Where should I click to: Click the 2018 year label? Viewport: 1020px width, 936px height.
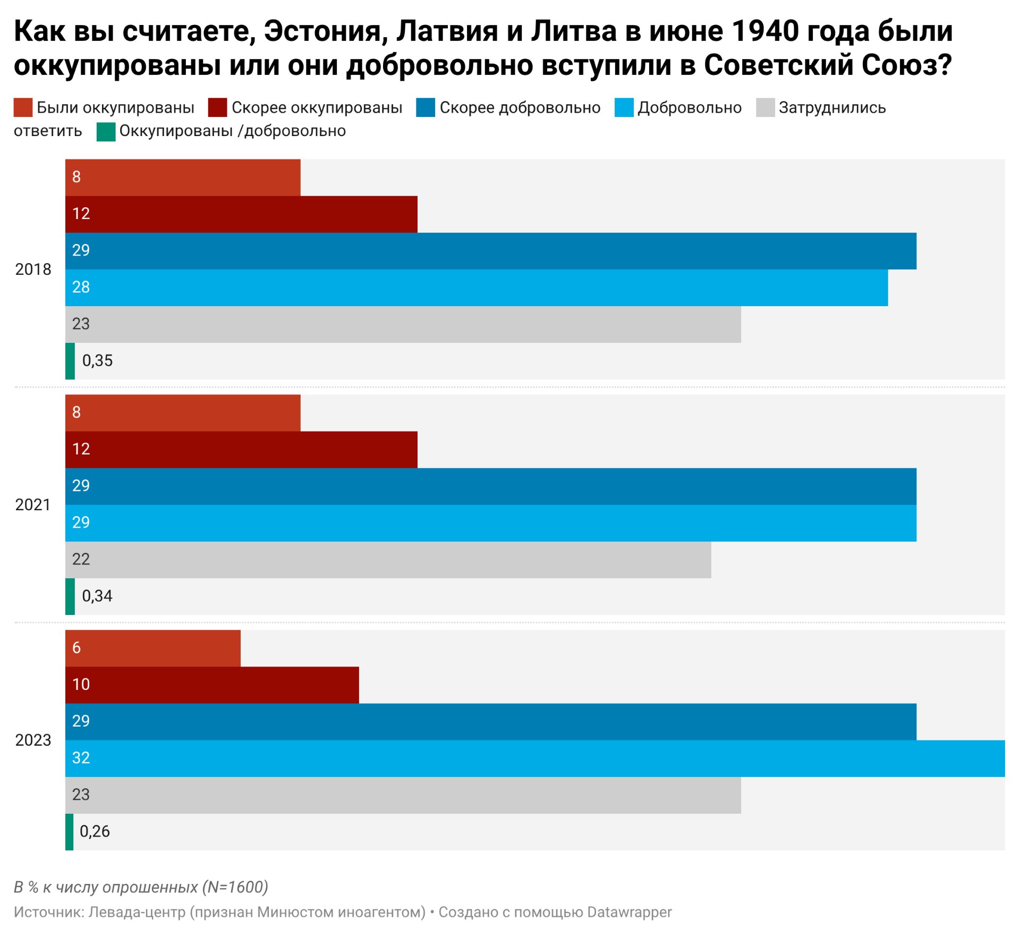(x=33, y=269)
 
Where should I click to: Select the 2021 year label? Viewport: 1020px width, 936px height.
(x=33, y=505)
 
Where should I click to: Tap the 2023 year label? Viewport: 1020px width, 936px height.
(x=33, y=740)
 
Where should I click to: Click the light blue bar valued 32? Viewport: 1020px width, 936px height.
(x=535, y=758)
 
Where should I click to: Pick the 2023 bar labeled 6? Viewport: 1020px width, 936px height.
(x=153, y=648)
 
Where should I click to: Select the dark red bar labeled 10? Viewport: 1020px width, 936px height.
(x=212, y=685)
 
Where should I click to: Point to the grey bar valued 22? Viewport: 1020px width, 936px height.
(x=388, y=560)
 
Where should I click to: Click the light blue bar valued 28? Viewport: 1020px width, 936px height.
(x=477, y=288)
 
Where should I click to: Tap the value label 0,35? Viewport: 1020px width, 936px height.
(x=97, y=361)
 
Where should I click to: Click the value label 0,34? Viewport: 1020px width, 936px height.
(x=97, y=596)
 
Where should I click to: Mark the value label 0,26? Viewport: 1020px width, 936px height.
(x=95, y=832)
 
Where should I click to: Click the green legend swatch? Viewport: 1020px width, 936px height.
(x=106, y=132)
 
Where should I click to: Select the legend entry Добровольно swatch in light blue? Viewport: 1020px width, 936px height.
(x=624, y=107)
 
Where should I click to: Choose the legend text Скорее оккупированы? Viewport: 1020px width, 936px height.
(x=317, y=108)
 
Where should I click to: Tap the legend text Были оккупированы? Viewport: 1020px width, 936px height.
(x=115, y=108)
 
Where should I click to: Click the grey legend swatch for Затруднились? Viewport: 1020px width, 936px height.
(x=765, y=107)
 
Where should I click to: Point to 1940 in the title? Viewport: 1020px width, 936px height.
(x=766, y=31)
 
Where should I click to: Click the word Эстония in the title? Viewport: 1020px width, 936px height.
(x=322, y=31)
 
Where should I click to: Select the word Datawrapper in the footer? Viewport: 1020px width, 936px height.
(x=630, y=912)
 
